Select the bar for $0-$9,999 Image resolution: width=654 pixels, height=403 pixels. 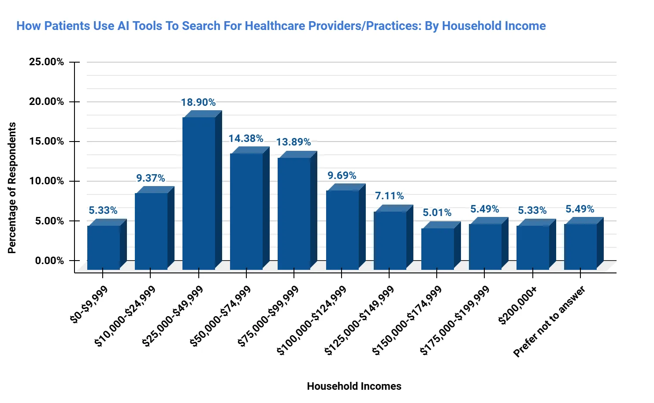click(x=104, y=247)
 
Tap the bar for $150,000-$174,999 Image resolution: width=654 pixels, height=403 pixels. click(x=438, y=249)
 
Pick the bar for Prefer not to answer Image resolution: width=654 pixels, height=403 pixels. click(x=580, y=246)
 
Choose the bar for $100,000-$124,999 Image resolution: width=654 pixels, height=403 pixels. click(x=342, y=230)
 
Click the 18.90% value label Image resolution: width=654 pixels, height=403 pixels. click(x=198, y=102)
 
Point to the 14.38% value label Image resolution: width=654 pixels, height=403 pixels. click(x=246, y=138)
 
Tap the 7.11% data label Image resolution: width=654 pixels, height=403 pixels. click(x=389, y=196)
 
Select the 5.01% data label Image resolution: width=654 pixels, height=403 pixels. click(x=437, y=213)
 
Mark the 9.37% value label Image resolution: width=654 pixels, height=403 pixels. click(x=150, y=178)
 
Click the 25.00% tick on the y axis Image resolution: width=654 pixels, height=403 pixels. click(x=46, y=62)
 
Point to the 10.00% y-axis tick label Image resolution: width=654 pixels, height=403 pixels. click(x=46, y=181)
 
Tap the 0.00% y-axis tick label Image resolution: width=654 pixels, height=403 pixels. click(x=49, y=261)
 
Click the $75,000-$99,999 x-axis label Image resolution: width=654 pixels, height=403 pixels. click(x=268, y=316)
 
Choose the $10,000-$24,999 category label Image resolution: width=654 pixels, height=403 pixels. click(x=125, y=316)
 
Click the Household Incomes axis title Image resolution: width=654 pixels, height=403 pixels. click(x=354, y=386)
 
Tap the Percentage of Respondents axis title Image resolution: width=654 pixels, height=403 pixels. click(x=12, y=188)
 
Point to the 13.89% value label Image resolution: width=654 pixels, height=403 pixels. click(x=294, y=142)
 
